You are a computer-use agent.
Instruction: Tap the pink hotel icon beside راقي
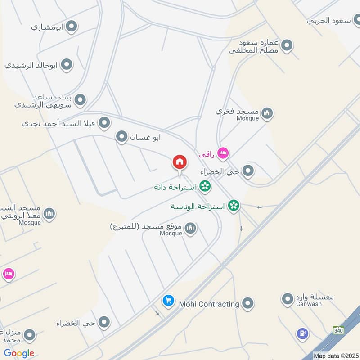click(222, 154)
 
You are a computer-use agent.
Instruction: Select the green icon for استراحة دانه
click(205, 186)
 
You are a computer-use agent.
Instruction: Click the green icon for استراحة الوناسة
click(234, 206)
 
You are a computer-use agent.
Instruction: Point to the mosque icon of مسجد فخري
click(267, 112)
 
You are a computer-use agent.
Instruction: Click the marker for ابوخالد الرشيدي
click(67, 65)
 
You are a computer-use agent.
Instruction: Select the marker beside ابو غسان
click(121, 137)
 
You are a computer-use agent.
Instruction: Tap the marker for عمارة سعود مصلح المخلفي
click(287, 46)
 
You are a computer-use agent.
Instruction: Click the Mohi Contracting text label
click(209, 304)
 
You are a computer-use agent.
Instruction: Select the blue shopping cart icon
click(168, 301)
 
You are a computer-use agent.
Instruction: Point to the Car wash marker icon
click(288, 298)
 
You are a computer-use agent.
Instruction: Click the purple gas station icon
click(302, 333)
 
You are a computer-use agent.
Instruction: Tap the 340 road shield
click(338, 331)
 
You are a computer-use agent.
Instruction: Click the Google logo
click(19, 353)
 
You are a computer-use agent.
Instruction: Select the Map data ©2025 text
click(336, 355)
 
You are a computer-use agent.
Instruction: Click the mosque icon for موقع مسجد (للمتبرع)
click(191, 229)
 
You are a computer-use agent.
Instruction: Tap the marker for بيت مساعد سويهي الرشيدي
click(80, 100)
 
